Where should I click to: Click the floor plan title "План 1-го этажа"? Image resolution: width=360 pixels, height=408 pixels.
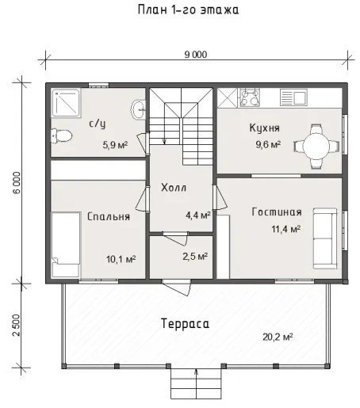(188, 10)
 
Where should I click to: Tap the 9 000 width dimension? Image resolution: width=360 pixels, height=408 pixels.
(196, 55)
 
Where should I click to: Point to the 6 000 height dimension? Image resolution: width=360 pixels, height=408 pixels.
(17, 183)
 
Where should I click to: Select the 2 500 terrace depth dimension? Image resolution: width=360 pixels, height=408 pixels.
(17, 325)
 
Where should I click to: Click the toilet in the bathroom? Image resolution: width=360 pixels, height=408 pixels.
(62, 135)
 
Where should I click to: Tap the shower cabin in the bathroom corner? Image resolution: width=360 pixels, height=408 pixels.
(66, 103)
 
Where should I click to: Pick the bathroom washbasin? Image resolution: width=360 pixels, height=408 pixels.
(138, 109)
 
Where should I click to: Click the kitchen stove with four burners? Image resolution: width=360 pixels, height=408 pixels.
(250, 97)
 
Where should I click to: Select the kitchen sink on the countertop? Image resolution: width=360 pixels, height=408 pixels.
(293, 97)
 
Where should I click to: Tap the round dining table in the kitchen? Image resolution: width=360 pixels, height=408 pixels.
(316, 146)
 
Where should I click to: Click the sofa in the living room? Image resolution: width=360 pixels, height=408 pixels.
(325, 238)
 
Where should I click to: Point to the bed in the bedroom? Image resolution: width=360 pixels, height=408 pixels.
(66, 244)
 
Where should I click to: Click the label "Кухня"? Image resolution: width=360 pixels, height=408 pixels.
(264, 128)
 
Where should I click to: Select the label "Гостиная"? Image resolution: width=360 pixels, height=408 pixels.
(277, 212)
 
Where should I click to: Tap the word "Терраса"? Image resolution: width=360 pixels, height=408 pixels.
(185, 323)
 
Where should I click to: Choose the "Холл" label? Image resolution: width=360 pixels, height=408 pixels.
(174, 188)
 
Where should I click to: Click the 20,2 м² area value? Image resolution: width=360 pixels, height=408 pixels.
(278, 337)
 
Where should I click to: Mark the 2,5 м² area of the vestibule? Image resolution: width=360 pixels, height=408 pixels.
(195, 256)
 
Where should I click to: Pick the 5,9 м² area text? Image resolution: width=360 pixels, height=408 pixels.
(115, 145)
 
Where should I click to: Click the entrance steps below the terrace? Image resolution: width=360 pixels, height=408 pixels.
(196, 383)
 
